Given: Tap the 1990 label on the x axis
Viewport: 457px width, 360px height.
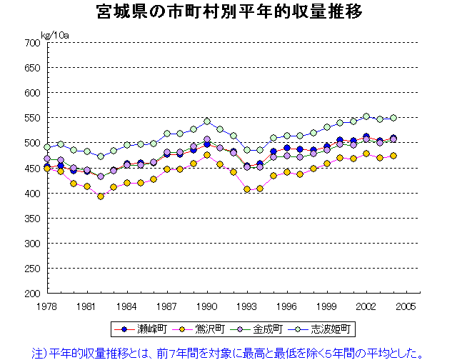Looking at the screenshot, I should coord(207,305).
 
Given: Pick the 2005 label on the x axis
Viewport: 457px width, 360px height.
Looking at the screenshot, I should coord(407,305).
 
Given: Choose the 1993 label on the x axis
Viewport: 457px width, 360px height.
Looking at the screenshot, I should coord(247,305).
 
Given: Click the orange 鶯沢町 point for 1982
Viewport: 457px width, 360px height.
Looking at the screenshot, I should coord(101,196).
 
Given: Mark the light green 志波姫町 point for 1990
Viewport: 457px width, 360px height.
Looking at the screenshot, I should coord(207,121).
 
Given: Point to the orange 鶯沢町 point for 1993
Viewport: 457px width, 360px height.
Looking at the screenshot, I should coord(247,189).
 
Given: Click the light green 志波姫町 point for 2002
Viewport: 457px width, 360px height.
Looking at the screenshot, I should coord(366,116).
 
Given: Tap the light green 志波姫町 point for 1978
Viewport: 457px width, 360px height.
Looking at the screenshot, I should coord(47,147).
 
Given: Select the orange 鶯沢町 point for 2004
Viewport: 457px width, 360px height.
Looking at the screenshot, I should coord(393,156).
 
